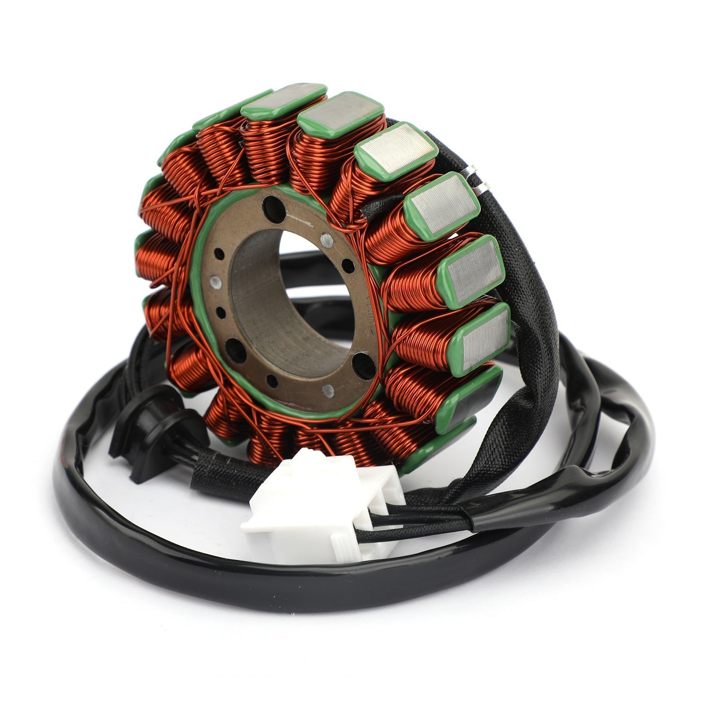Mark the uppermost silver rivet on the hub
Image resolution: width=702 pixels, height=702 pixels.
pos(326,240)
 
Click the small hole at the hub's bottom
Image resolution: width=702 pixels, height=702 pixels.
pos(272,381)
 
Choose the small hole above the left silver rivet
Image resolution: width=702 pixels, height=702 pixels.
pos(218,253)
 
